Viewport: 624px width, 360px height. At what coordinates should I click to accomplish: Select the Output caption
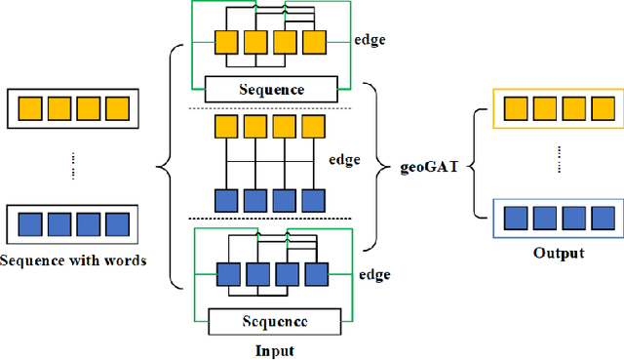[558, 253]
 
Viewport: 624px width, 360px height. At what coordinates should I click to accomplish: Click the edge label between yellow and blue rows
[345, 161]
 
